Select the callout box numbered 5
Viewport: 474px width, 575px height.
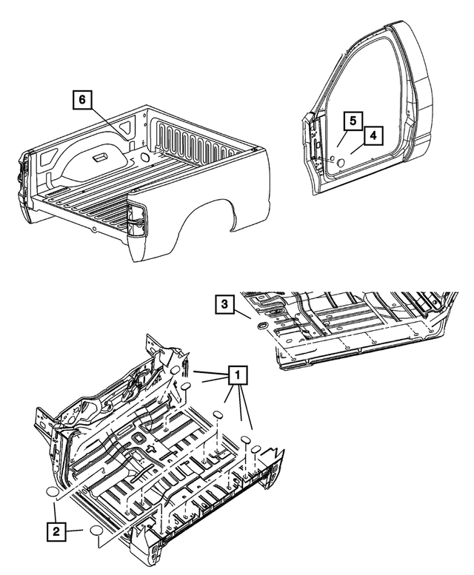coord(354,120)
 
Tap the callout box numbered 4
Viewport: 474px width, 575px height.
coord(373,135)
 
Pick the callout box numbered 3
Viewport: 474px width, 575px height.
coord(227,304)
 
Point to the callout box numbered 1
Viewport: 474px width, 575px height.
coord(237,377)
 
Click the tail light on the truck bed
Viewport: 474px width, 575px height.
coord(135,218)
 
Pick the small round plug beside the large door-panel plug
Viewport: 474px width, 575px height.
coord(330,158)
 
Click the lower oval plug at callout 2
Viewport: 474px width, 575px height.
coord(98,531)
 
